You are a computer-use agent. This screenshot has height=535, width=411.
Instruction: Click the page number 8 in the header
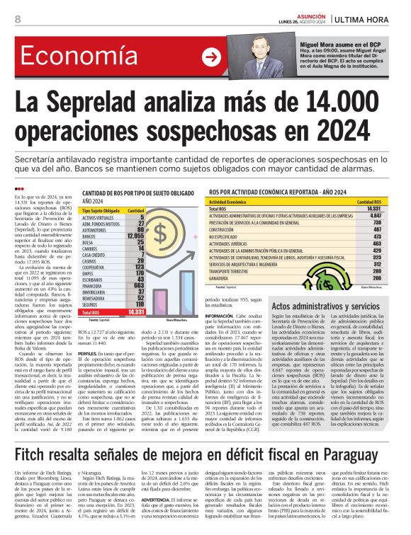pos(17,19)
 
